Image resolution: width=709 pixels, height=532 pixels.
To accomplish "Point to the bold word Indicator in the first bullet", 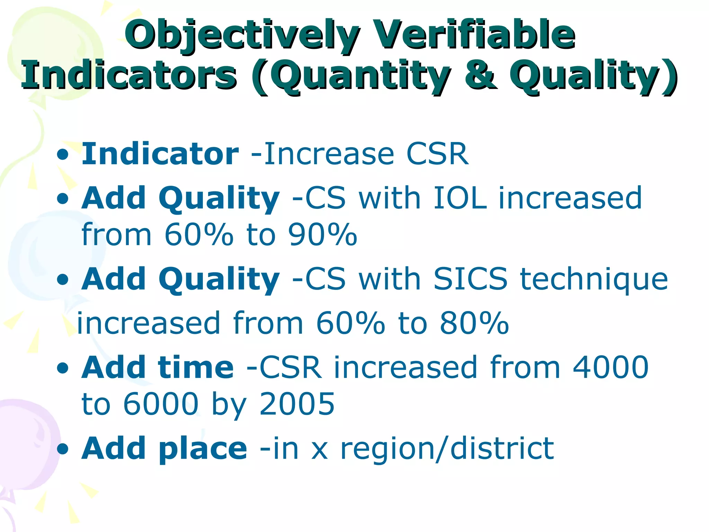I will click(x=160, y=154).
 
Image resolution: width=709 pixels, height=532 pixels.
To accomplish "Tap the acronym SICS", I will click(x=470, y=279).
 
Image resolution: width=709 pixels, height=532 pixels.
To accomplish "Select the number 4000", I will click(x=610, y=367).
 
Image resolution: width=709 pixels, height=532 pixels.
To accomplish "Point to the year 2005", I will click(x=297, y=404).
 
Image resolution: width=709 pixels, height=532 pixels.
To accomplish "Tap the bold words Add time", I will click(x=158, y=367).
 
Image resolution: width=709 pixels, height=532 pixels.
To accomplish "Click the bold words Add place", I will click(x=164, y=449).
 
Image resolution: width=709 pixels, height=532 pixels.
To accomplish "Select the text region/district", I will click(x=447, y=449).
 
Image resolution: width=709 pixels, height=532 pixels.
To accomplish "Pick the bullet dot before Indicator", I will click(x=63, y=155).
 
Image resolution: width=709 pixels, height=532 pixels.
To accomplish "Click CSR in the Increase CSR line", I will click(x=437, y=154).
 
